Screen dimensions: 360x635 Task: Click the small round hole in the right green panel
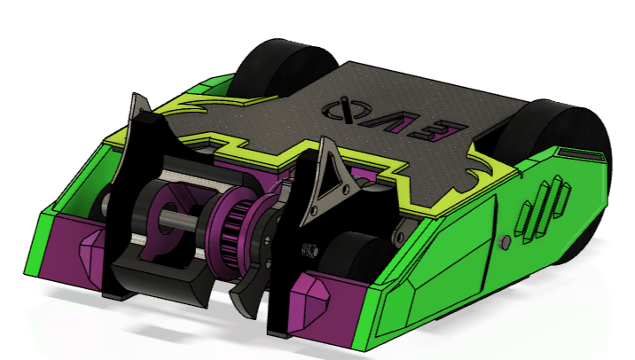pyautogui.click(x=506, y=241)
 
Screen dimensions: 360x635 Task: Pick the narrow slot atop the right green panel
pyautogui.click(x=575, y=156)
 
